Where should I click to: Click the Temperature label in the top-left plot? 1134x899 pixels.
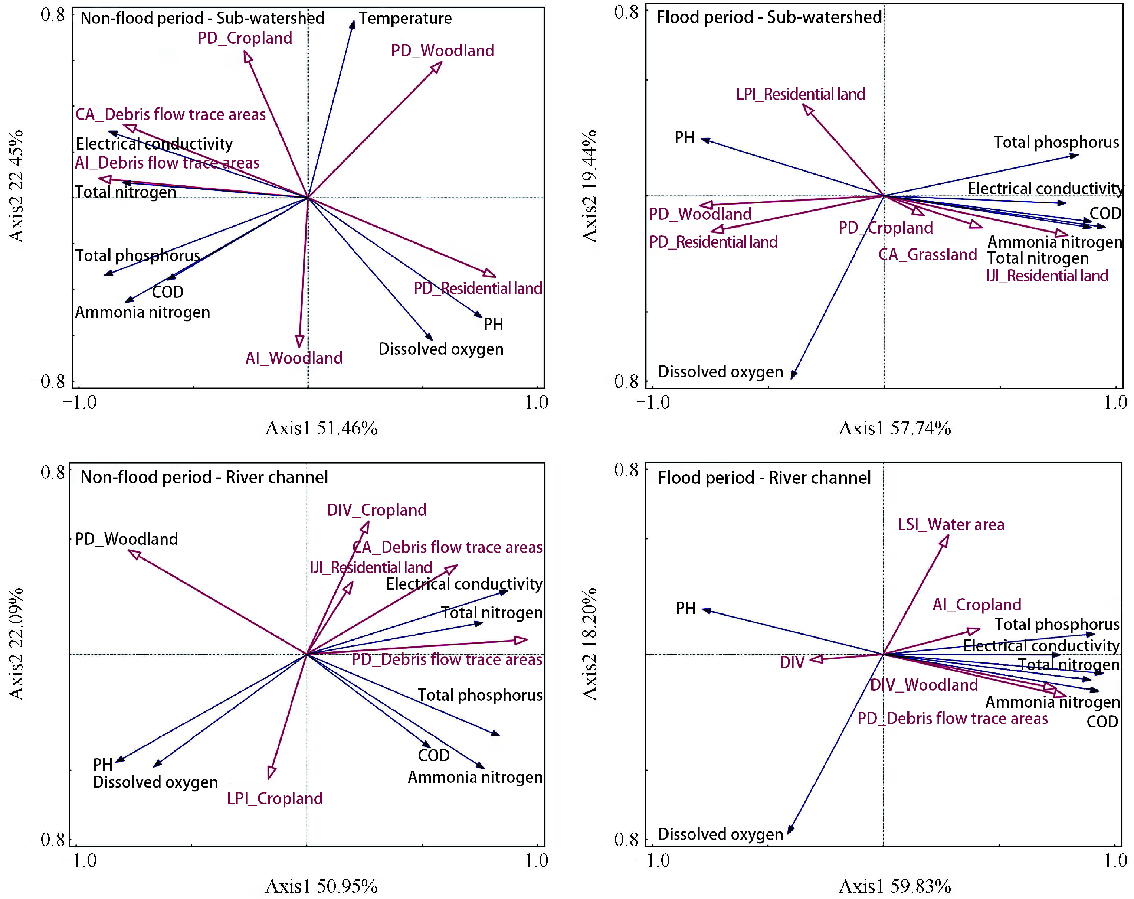[x=405, y=19]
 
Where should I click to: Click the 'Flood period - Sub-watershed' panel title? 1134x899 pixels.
[x=769, y=17]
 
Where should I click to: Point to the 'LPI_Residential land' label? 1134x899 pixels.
[x=800, y=94]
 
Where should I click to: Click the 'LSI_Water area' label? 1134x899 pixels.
[x=951, y=524]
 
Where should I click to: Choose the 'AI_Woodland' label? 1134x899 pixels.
[x=294, y=358]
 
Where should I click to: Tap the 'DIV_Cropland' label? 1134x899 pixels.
[x=377, y=510]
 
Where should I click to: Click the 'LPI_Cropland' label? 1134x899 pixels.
[x=275, y=798]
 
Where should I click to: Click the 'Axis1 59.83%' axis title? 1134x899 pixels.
[x=895, y=886]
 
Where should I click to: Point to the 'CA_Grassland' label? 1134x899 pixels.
[x=928, y=255]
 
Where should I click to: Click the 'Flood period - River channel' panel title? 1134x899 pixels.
[x=764, y=478]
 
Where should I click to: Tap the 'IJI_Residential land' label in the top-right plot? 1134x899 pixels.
[x=1047, y=276]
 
